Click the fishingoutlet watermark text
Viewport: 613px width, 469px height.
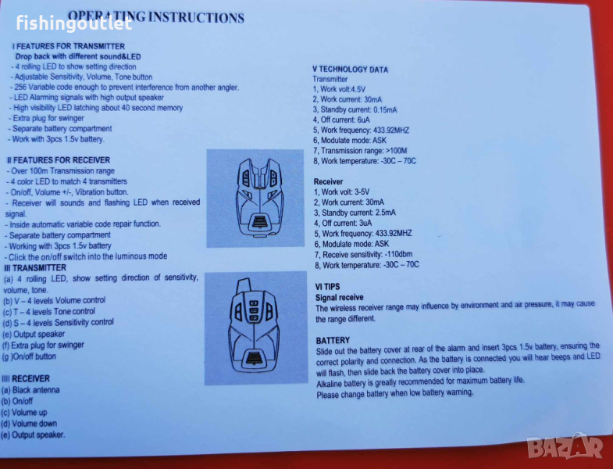(74, 23)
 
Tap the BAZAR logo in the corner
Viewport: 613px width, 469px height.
(565, 446)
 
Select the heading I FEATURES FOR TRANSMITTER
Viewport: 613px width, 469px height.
(69, 46)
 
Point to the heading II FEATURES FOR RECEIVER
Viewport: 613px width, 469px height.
(59, 160)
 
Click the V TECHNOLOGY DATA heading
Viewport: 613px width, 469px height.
(351, 70)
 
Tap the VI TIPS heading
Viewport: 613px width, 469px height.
(328, 287)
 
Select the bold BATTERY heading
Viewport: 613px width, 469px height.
(333, 340)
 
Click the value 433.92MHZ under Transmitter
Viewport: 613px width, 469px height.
(391, 131)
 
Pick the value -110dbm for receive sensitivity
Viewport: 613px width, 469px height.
(398, 255)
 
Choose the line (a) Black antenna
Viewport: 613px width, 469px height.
(30, 390)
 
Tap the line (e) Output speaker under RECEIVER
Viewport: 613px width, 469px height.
(33, 435)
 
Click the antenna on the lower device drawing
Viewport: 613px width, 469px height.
(242, 286)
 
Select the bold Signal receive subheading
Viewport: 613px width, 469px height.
(340, 298)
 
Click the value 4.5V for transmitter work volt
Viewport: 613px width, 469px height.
(358, 89)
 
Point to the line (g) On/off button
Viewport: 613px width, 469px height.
(30, 356)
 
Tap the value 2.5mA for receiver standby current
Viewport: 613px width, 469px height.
(385, 213)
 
